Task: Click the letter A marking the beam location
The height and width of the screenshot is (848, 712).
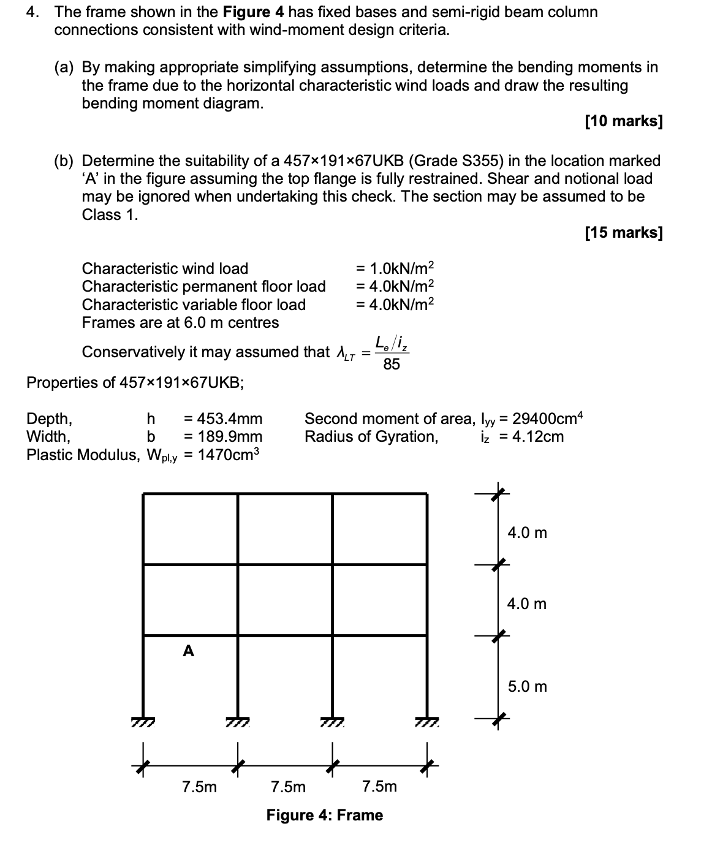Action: (x=188, y=651)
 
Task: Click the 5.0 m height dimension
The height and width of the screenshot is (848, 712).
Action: (x=527, y=686)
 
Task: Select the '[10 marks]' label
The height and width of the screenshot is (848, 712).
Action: (x=623, y=121)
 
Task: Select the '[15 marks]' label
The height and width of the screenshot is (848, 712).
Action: (x=623, y=232)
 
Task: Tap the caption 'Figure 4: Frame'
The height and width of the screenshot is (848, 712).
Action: (x=324, y=815)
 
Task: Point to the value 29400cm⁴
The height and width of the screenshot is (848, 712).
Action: (x=548, y=418)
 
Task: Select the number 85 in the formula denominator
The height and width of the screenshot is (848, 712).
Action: (x=391, y=365)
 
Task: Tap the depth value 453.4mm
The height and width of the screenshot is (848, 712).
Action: (x=223, y=418)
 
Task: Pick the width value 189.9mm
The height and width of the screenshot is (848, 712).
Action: (x=223, y=436)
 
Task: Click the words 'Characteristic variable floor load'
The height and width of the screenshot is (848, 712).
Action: (x=194, y=305)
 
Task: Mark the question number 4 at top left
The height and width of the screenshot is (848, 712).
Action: (x=31, y=12)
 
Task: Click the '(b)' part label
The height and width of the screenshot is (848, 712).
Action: (x=64, y=161)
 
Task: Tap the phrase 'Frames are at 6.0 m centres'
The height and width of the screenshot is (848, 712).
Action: (x=180, y=322)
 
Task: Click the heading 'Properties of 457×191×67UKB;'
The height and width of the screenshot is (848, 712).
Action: (x=135, y=382)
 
